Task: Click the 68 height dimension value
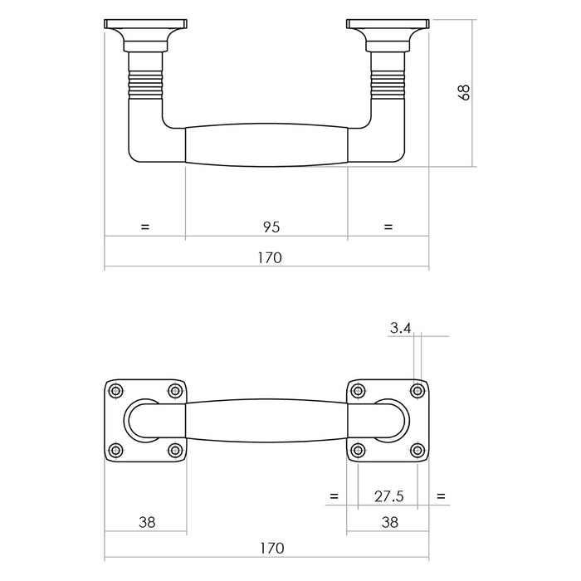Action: [464, 92]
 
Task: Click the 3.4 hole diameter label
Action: [400, 328]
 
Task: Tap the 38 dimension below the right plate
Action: [388, 522]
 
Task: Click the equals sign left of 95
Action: [145, 227]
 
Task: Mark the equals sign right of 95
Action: [388, 227]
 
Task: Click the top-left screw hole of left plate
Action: [115, 390]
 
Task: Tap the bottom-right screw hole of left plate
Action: [174, 450]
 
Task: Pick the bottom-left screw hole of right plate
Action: [358, 450]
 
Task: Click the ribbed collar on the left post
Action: [144, 83]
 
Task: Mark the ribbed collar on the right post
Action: [388, 83]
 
